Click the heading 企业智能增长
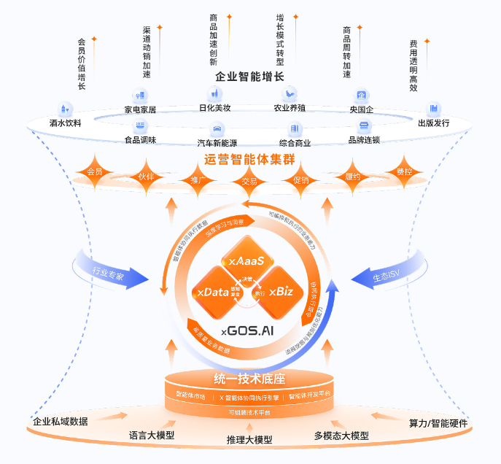(x=249, y=77)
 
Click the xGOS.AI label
(x=247, y=330)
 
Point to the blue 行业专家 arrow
(x=109, y=274)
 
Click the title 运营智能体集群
(x=249, y=159)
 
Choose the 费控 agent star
(x=403, y=173)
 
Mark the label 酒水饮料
(x=65, y=123)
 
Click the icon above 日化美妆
(x=215, y=93)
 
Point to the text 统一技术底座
(x=249, y=379)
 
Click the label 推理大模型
(x=249, y=440)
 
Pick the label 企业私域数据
(x=61, y=421)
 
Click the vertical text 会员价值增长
(x=81, y=64)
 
